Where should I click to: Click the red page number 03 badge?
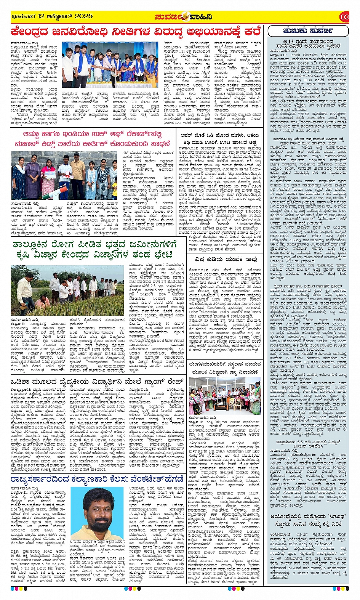point(344,17)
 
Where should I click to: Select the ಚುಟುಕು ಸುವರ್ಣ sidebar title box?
point(308,30)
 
